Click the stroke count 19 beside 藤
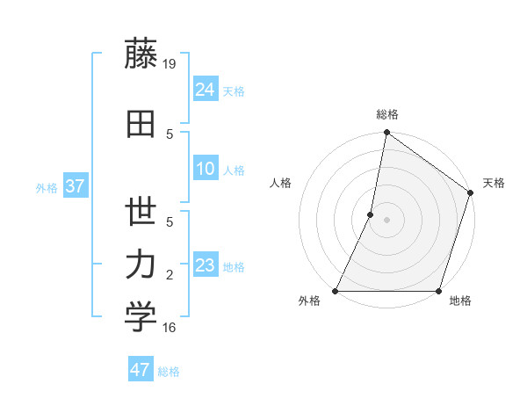(170, 64)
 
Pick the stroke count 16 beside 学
(170, 328)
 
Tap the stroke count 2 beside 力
(170, 276)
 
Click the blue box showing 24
(205, 89)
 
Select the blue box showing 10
(205, 169)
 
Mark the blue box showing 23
(205, 265)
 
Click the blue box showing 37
(75, 185)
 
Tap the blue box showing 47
(141, 370)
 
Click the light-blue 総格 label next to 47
(169, 372)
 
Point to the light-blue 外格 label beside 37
(47, 187)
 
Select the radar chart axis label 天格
(495, 183)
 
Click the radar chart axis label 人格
(281, 183)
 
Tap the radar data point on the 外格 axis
(336, 291)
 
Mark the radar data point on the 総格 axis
(386, 133)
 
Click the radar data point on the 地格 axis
(438, 291)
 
